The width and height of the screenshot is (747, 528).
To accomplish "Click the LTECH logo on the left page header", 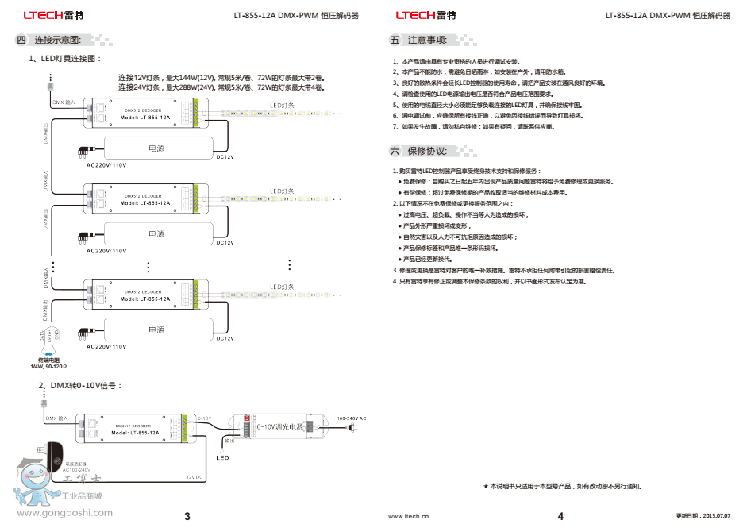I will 44,14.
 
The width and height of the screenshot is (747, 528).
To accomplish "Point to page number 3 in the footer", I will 187,517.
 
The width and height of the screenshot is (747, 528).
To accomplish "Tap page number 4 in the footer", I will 560,517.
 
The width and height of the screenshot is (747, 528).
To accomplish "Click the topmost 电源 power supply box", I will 156,148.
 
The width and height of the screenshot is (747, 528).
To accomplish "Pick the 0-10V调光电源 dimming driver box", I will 275,426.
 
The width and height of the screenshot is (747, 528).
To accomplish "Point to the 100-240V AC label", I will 352,418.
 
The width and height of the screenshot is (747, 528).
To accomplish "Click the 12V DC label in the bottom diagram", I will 195,476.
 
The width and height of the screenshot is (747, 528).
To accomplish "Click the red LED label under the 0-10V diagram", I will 222,457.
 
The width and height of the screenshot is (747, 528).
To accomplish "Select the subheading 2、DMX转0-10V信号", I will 81,385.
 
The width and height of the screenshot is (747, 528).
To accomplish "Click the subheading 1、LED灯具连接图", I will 66,58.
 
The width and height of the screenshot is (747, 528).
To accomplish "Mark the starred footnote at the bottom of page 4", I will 562,485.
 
